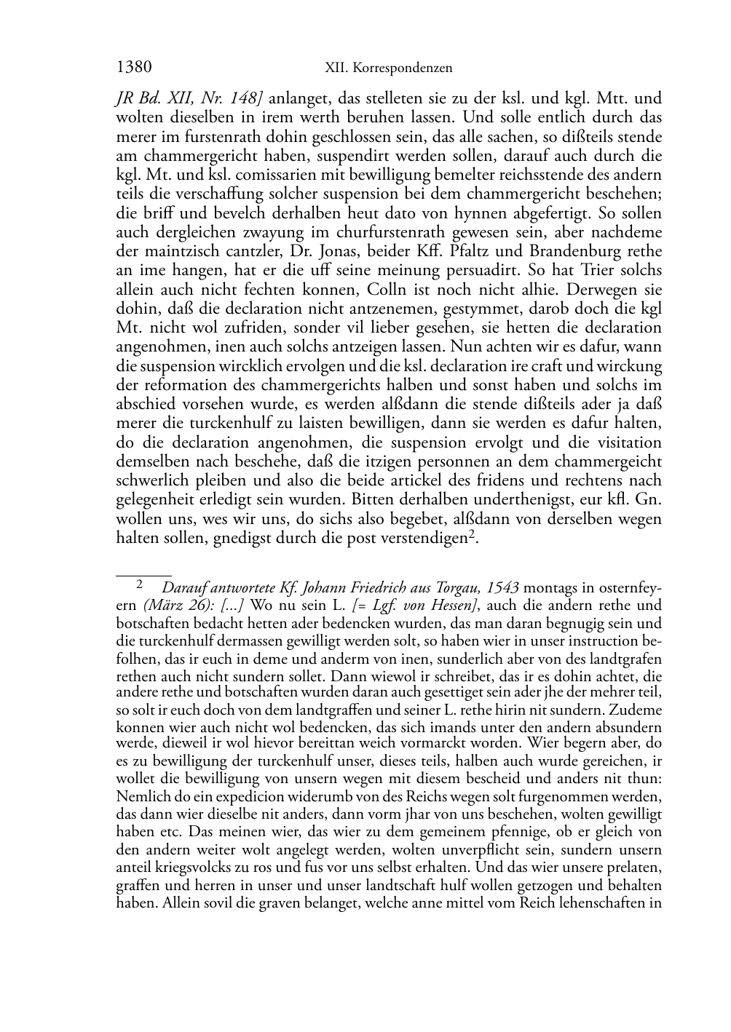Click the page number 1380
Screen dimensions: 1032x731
point(134,68)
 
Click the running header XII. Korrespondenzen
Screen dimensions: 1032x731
point(388,68)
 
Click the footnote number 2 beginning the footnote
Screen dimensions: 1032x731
point(139,584)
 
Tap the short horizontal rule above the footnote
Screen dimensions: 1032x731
point(143,575)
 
